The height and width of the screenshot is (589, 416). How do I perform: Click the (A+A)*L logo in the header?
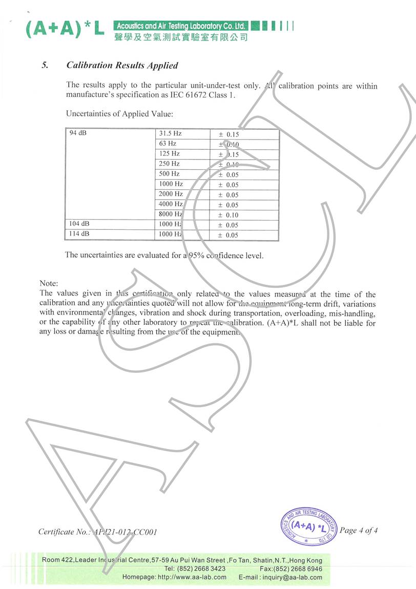coord(65,30)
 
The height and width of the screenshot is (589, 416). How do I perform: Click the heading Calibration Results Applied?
coord(122,66)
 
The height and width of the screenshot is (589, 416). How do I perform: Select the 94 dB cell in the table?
coord(78,133)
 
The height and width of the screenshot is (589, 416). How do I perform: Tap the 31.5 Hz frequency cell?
coord(171,133)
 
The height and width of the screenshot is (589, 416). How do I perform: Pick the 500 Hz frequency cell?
coord(170,174)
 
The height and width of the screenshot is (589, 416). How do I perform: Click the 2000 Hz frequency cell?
coord(171,194)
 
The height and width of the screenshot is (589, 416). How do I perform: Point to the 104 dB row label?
coord(79,224)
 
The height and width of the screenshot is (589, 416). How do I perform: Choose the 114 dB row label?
coord(79,234)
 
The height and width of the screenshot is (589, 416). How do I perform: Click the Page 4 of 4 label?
coord(359,531)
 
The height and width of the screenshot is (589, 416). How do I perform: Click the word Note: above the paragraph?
coord(49,283)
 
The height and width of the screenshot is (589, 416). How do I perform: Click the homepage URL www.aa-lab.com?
coord(192,577)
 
